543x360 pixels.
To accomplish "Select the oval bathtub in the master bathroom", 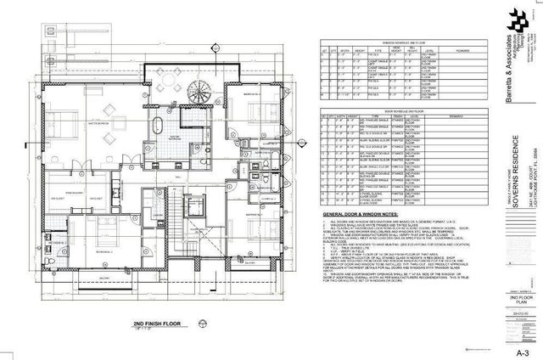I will (x=159, y=129).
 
